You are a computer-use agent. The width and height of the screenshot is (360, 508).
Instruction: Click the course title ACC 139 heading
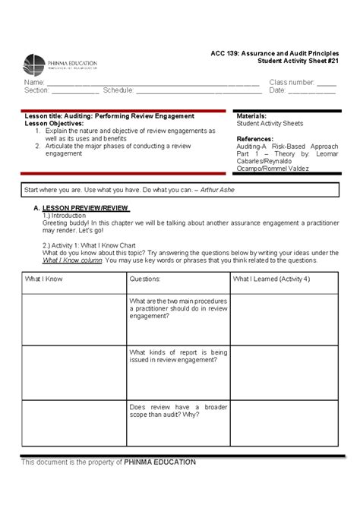tap(274, 52)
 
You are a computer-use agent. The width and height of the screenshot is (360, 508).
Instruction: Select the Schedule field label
tap(118, 90)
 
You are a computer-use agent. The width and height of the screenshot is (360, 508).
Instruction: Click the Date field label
tap(277, 90)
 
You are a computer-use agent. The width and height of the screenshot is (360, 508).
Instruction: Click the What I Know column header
tap(44, 279)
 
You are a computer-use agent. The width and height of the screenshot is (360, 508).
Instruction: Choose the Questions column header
tap(145, 279)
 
